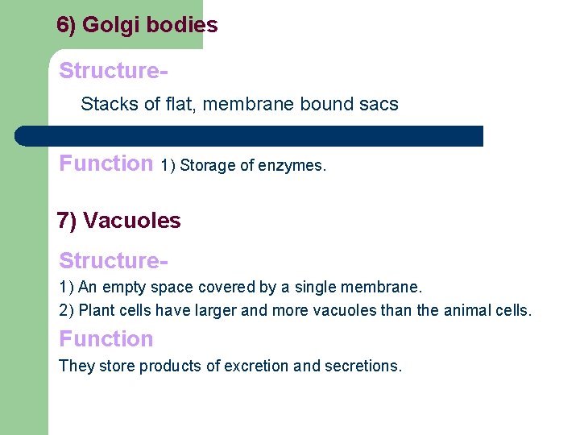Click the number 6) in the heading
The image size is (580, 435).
[67, 25]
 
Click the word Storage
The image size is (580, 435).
[207, 166]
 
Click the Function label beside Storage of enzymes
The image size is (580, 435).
[106, 164]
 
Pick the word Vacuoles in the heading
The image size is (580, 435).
[132, 220]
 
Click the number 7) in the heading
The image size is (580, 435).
[67, 220]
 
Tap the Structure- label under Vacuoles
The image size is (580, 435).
[113, 261]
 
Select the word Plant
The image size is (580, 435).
[89, 311]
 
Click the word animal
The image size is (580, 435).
[464, 311]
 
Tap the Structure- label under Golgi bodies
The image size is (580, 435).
[113, 71]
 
